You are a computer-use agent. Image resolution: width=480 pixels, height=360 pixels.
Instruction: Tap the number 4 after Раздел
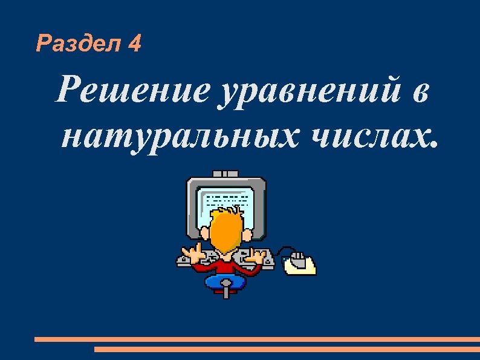tap(135, 44)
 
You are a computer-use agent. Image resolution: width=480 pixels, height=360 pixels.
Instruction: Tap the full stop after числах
tap(431, 145)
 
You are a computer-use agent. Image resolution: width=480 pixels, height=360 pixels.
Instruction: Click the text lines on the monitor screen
tap(227, 200)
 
